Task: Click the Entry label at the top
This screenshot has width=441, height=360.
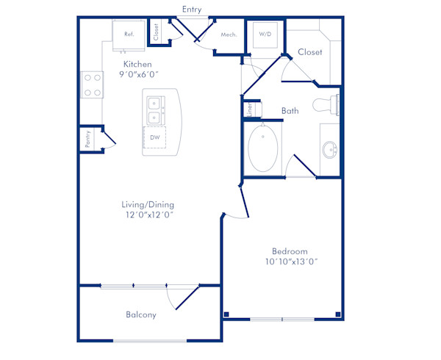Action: click(x=191, y=9)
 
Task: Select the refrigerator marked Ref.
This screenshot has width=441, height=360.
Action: click(x=128, y=35)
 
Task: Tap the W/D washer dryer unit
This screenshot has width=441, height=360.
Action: click(x=264, y=34)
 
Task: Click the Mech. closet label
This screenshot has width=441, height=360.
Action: click(x=228, y=34)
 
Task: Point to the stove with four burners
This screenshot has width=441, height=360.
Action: click(x=92, y=84)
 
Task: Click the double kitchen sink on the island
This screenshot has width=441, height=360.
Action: click(x=155, y=110)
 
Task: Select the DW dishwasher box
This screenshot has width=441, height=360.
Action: click(x=154, y=137)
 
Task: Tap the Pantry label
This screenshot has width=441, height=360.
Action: click(x=87, y=139)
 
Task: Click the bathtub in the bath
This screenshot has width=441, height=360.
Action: click(x=262, y=148)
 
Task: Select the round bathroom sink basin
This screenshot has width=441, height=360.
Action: click(x=330, y=151)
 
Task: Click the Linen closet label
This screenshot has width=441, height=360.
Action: click(x=249, y=109)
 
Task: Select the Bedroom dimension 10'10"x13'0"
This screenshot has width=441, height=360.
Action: click(x=290, y=262)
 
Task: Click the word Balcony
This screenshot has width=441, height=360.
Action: click(x=140, y=314)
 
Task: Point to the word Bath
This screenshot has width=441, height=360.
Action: click(x=290, y=111)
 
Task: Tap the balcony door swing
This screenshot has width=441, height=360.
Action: click(x=182, y=298)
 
